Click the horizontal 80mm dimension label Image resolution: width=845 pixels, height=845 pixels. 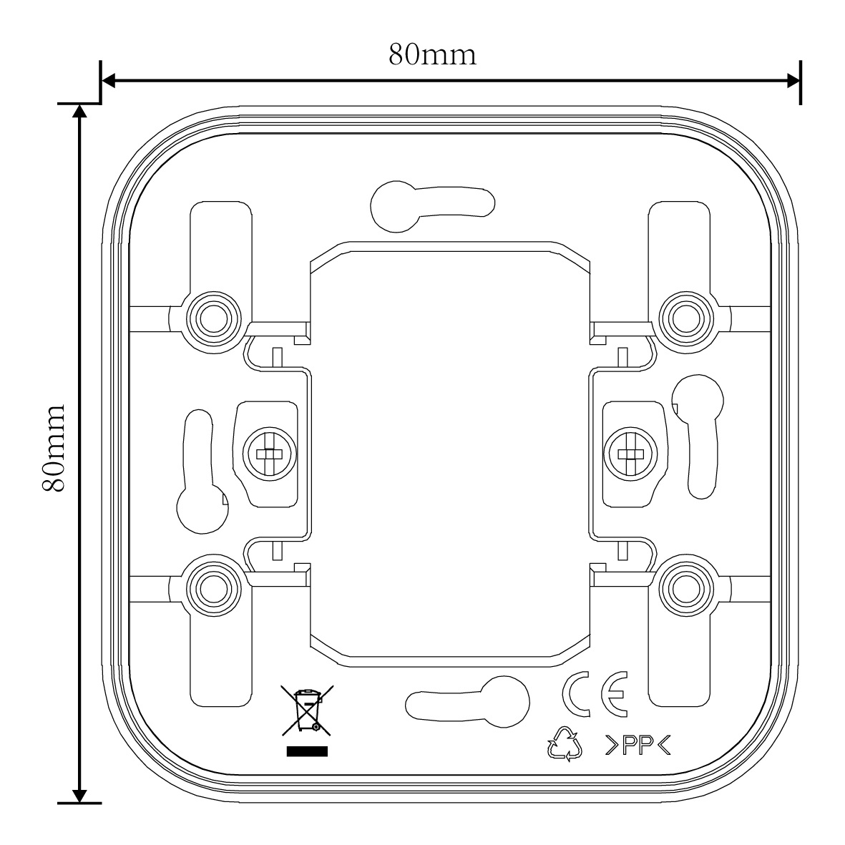pyautogui.click(x=432, y=54)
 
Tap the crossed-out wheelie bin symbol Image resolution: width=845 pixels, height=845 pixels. pyautogui.click(x=307, y=710)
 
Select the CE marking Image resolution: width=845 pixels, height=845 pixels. pyautogui.click(x=594, y=695)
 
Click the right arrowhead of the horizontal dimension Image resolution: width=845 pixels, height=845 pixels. pyautogui.click(x=793, y=81)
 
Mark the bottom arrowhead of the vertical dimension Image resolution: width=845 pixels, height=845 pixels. pyautogui.click(x=80, y=796)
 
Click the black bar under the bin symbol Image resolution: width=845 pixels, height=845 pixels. pyautogui.click(x=307, y=751)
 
